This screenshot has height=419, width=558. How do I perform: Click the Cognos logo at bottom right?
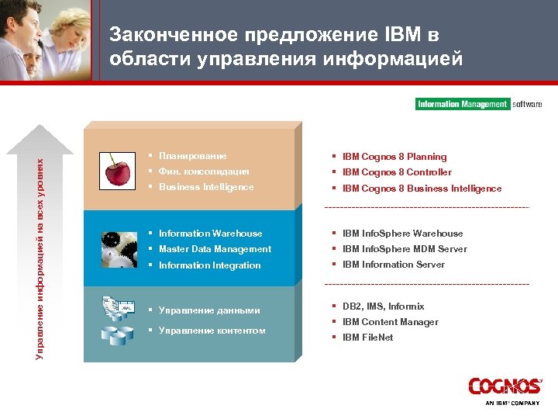[x=504, y=386]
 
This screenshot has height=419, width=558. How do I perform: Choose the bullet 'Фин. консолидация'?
[x=204, y=171]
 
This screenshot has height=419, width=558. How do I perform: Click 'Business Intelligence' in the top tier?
[x=206, y=187]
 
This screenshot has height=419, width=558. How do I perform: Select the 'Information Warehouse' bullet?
[x=210, y=234]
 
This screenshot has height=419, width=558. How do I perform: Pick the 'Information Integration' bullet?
[x=209, y=265]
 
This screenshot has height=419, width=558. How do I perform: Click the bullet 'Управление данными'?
[x=208, y=311]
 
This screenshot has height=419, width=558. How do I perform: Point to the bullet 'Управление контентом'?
[x=212, y=331]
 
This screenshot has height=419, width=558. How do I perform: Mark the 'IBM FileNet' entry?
[x=367, y=338]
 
